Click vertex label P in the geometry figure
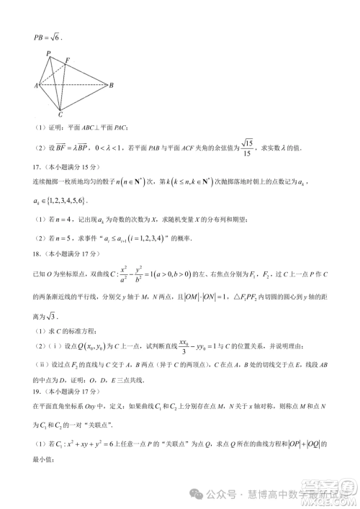click(48, 53)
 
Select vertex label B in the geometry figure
click(110, 86)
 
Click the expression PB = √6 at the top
click(48, 37)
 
